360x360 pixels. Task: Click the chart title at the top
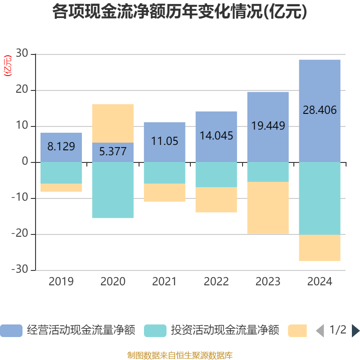[x=180, y=12]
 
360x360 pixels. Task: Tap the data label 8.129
[x=61, y=147]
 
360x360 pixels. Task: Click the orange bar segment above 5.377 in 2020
[x=113, y=123]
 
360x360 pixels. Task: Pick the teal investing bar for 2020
[x=113, y=190]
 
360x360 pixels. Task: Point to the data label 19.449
[x=268, y=126]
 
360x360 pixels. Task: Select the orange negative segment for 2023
[x=268, y=208]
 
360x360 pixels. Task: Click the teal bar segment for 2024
[x=319, y=198]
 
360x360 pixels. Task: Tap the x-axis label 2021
[x=164, y=282]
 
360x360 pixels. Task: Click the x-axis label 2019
[x=61, y=282]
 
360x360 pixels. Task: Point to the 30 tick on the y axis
[x=22, y=54]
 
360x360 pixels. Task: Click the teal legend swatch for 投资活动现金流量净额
[x=155, y=331]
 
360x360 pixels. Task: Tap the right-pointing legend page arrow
[x=355, y=331]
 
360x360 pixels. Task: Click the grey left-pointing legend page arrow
[x=320, y=331]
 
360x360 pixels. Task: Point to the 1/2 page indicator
[x=338, y=330]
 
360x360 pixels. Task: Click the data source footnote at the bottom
[x=180, y=355]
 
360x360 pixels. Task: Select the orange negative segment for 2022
[x=216, y=200]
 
